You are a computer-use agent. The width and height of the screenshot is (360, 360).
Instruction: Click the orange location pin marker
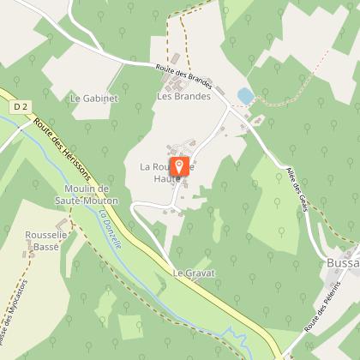click(x=179, y=166)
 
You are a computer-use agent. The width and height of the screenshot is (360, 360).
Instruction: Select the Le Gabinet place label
click(x=94, y=98)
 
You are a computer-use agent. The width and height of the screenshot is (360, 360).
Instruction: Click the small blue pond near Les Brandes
click(x=245, y=95)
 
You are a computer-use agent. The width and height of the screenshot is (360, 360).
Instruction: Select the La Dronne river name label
click(x=108, y=224)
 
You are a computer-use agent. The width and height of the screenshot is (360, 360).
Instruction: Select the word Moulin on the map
click(x=81, y=188)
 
